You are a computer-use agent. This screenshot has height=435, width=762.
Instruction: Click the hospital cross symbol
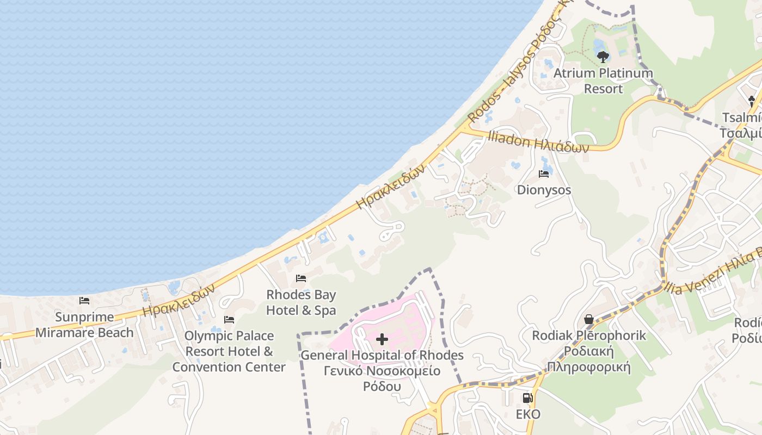coord(382,340)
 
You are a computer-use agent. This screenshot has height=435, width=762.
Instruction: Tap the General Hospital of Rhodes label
coord(382,356)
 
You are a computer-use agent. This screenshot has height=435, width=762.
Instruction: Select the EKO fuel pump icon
coord(527,398)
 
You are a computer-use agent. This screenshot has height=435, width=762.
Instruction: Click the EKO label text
coord(528,414)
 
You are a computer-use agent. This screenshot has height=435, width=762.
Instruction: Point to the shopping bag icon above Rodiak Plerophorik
coord(588,319)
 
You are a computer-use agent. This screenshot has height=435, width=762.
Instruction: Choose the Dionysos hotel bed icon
coord(543,174)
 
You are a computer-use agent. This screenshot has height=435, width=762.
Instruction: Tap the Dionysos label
coord(544,190)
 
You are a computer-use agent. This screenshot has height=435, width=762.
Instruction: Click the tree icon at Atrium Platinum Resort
coord(603,57)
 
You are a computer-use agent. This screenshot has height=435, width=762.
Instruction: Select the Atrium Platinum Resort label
coord(603,80)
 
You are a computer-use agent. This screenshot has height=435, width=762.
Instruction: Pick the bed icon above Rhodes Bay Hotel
coord(300,278)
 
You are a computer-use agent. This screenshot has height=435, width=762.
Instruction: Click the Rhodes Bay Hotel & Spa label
coord(301,302)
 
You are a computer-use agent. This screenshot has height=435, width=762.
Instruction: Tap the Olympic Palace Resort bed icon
coord(229,319)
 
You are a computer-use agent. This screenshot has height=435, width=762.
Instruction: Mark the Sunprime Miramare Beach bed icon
coord(84,300)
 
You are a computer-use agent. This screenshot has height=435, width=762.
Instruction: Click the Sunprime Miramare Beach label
coord(84,325)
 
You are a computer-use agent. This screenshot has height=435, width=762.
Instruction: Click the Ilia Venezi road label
coord(713,272)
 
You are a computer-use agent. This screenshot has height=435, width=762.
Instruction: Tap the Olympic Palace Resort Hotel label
coord(229,351)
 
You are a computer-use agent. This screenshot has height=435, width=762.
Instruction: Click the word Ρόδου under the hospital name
coord(382,387)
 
